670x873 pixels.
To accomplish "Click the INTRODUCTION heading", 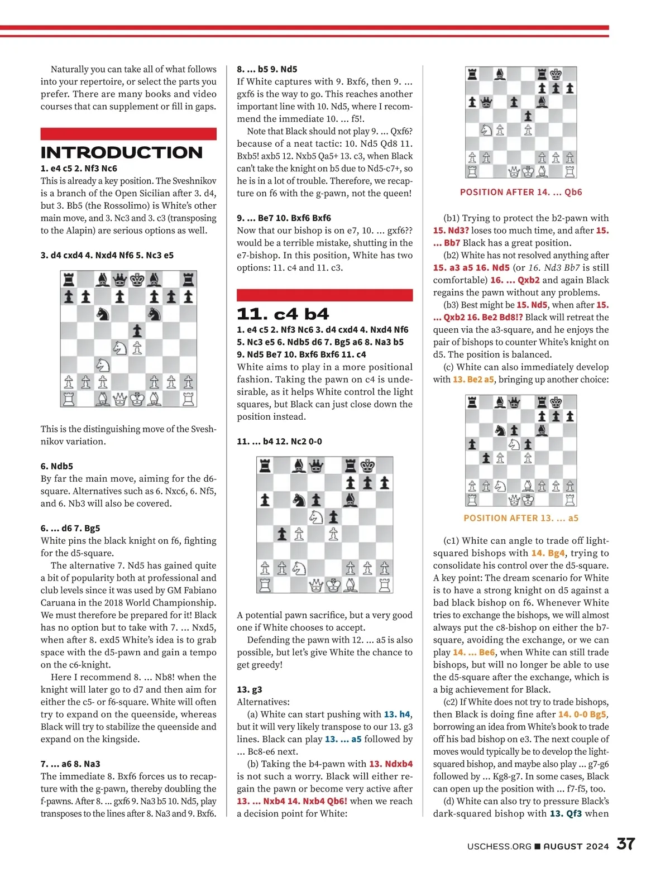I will pos(122,152).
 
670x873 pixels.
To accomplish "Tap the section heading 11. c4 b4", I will pos(283,314).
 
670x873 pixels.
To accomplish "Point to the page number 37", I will pos(626,844).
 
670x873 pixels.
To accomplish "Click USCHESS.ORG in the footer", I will pos(499,846).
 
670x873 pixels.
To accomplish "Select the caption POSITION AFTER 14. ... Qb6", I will pos(521,192).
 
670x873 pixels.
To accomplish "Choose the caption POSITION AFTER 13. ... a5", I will pos(521,518).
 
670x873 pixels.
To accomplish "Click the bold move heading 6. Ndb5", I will pos(56,466).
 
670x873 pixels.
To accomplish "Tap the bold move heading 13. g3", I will pos(250,689).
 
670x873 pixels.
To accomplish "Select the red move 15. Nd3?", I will pos(451,231).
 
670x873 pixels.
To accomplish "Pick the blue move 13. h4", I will pos(397,714).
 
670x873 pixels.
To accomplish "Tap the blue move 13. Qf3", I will pos(566,813).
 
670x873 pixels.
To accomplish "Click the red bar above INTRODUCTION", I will pos(128,134).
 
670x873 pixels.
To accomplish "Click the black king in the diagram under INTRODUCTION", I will pos(137,279).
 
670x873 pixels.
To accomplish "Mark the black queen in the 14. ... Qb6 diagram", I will pos(486,102).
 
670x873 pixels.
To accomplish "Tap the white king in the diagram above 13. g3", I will pos(333,585).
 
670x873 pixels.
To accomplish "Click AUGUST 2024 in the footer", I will pos(576,846).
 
